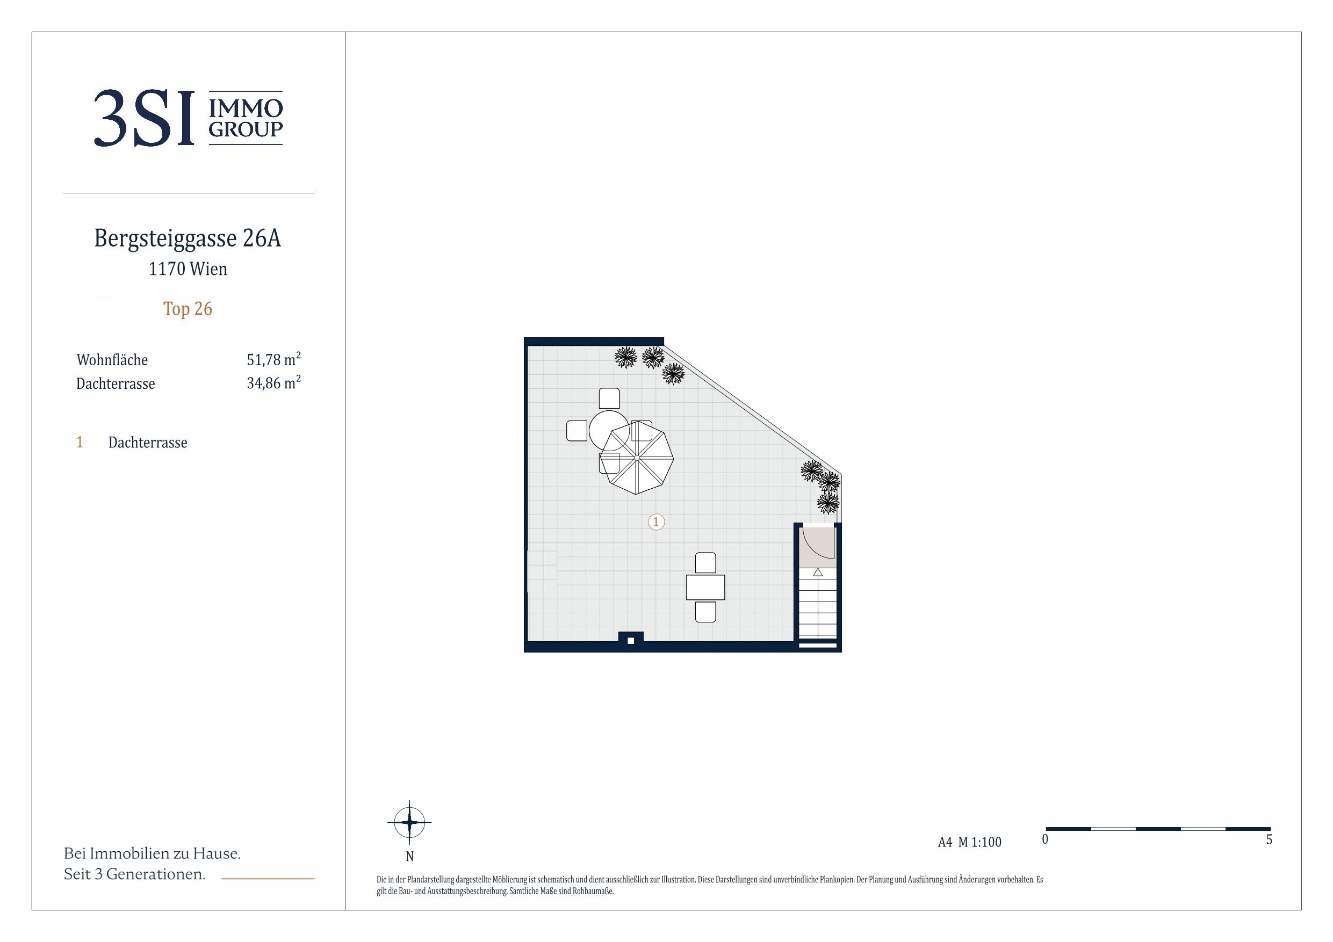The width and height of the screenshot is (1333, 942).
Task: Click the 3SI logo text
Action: click(x=144, y=118)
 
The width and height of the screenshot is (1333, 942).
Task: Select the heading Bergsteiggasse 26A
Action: click(x=188, y=238)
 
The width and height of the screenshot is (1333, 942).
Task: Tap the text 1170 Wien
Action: click(x=188, y=269)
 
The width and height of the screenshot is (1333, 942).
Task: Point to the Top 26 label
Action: click(x=188, y=309)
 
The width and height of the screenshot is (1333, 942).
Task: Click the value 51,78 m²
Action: click(x=273, y=359)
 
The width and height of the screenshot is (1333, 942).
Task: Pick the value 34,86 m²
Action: click(x=273, y=383)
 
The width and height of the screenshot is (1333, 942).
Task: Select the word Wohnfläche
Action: click(x=112, y=360)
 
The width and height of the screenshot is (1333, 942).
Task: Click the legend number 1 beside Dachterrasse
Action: click(x=80, y=443)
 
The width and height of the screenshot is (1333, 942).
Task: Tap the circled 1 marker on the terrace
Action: click(x=656, y=522)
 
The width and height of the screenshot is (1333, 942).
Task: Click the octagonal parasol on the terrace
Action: click(x=637, y=458)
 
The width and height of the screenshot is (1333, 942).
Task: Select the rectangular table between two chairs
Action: click(x=705, y=587)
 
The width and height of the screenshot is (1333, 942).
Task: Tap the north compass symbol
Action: click(x=409, y=822)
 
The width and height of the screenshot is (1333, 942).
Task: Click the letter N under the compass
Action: click(x=409, y=856)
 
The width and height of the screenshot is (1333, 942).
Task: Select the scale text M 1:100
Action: click(x=980, y=842)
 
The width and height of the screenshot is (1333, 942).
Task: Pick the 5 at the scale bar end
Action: click(x=1269, y=840)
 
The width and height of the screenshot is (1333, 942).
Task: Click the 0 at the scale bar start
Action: click(x=1045, y=840)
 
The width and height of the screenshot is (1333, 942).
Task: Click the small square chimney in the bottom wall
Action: click(x=631, y=641)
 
